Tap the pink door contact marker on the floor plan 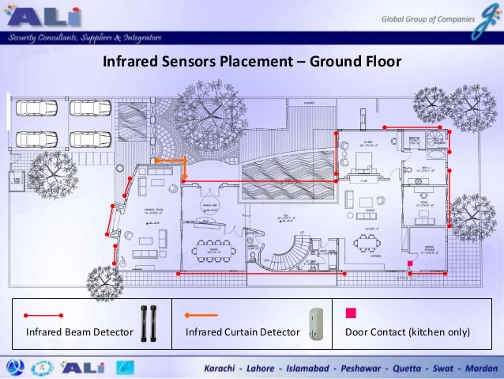[409, 263]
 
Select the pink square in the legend [350, 312]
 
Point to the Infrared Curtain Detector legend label [243, 331]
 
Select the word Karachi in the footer [226, 369]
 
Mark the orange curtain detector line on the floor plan [170, 161]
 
